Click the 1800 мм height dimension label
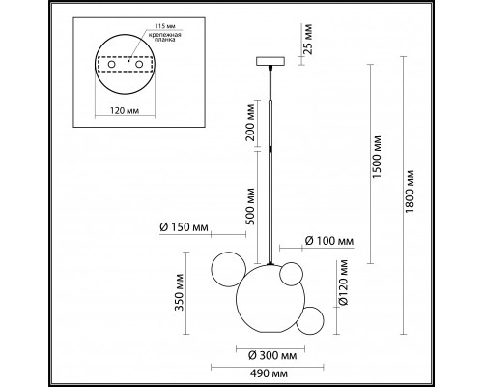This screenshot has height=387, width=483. (410, 191)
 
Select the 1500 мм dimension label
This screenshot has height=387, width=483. (377, 157)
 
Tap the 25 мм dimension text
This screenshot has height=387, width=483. (308, 34)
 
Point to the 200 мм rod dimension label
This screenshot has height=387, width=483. (250, 123)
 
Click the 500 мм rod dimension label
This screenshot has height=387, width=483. (250, 207)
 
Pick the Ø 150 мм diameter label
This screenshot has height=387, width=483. (184, 227)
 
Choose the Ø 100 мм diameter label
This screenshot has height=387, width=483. (329, 241)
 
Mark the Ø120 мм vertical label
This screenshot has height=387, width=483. (343, 283)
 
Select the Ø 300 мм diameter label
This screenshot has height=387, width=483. (272, 355)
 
